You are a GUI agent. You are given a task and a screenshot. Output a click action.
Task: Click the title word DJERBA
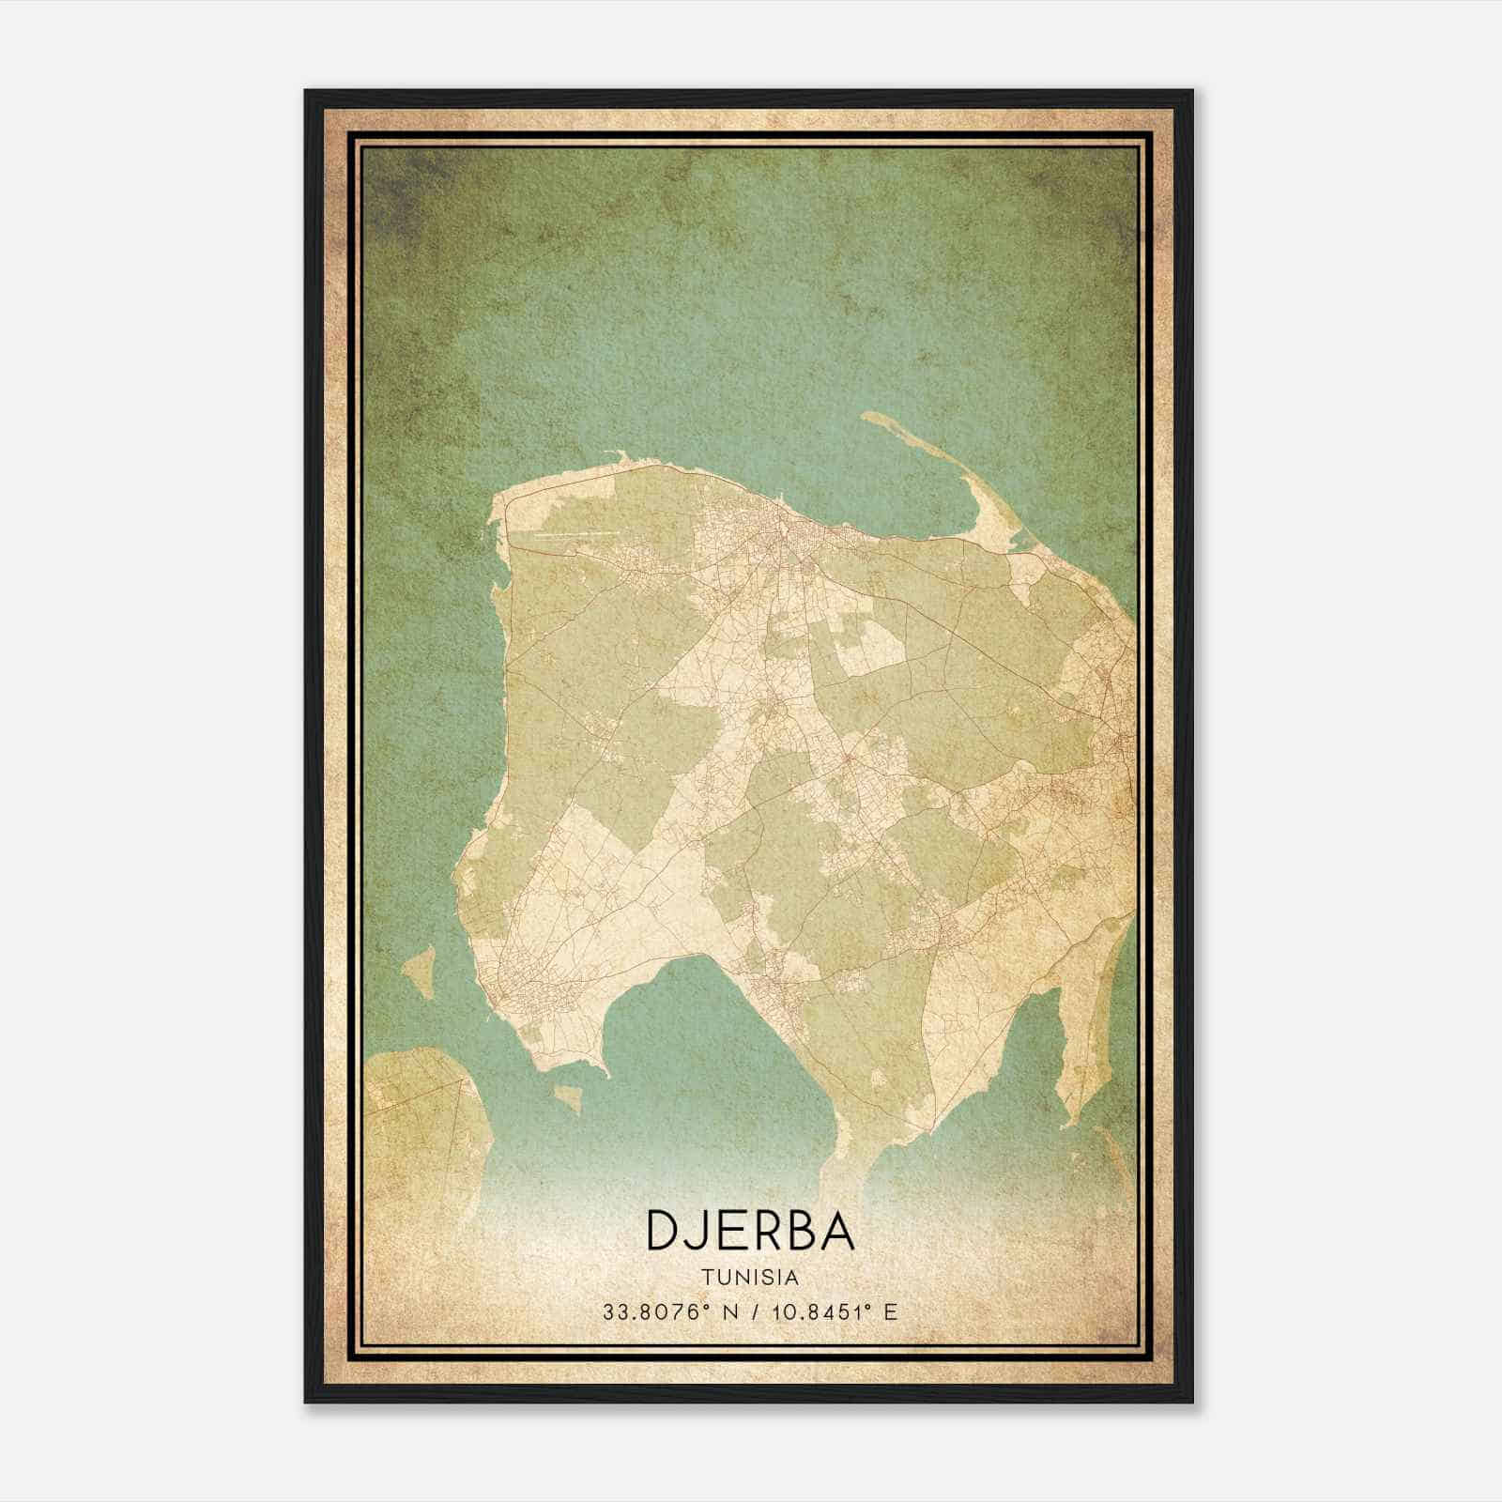pos(750,1231)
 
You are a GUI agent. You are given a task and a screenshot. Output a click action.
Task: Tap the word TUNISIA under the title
pos(750,1278)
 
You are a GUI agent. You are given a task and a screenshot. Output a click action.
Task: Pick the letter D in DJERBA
pos(665,1231)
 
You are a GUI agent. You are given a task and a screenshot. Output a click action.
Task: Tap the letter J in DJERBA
pos(701,1231)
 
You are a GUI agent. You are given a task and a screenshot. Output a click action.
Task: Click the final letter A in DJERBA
pos(836,1231)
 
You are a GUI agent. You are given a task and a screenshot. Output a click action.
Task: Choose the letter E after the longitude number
pos(890,1311)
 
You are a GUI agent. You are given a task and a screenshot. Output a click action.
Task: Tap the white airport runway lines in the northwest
pos(573,535)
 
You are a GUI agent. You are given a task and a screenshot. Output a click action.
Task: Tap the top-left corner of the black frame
pos(307,92)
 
